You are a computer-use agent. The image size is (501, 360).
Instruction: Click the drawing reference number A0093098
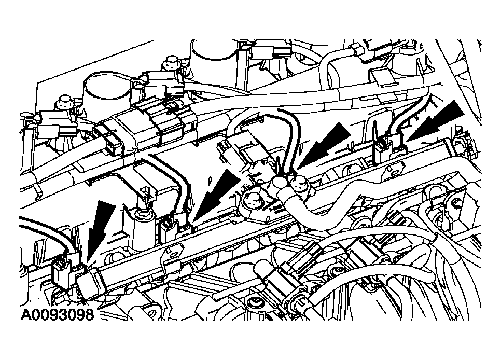[58, 314]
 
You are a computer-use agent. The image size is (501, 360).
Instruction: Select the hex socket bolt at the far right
[456, 203]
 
